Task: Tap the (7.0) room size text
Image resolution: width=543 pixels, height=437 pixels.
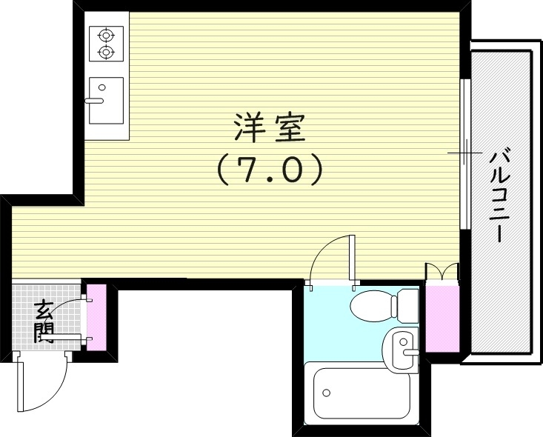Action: point(269,170)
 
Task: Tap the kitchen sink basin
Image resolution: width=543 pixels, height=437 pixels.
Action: point(106,101)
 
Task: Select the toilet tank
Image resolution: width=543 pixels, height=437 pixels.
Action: point(408,303)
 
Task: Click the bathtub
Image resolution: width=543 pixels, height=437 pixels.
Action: point(361,393)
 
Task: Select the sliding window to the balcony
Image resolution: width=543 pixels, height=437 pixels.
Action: point(464,153)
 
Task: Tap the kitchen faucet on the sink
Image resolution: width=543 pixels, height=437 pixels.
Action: point(95,98)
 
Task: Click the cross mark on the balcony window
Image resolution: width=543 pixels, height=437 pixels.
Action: point(463,154)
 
